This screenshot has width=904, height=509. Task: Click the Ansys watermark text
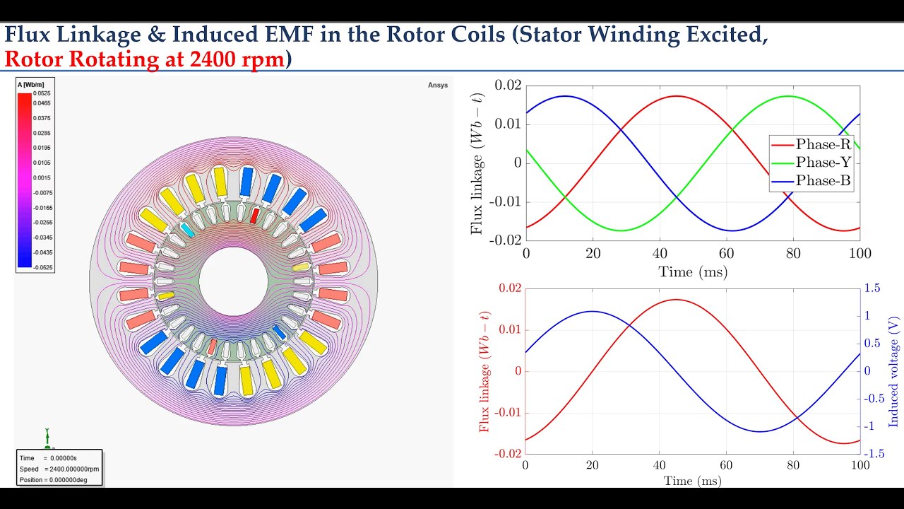click(438, 85)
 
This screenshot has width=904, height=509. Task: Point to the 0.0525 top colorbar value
click(42, 93)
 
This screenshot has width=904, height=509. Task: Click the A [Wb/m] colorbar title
click(29, 85)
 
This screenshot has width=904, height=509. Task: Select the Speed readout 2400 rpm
click(60, 469)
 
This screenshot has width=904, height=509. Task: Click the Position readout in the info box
click(59, 480)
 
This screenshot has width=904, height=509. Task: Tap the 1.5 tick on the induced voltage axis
click(872, 288)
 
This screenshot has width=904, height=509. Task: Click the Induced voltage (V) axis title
click(894, 371)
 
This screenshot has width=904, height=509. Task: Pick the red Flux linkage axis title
click(484, 371)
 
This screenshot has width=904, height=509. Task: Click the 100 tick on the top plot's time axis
click(860, 253)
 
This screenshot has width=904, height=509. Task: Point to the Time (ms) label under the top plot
click(692, 271)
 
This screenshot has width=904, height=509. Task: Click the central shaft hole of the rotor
click(233, 281)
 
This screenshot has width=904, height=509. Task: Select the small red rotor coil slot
click(255, 216)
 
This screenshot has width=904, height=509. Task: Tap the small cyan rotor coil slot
click(187, 229)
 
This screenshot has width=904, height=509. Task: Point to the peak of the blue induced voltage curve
click(592, 311)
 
